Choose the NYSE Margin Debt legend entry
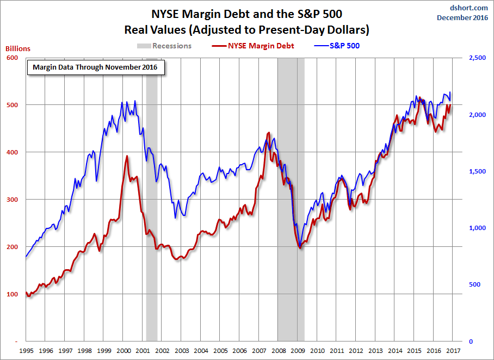[254, 46]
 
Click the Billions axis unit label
[18, 48]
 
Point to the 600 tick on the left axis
[13, 58]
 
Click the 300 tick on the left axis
[13, 200]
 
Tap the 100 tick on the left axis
[13, 294]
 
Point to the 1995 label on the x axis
[26, 351]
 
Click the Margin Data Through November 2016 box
[95, 67]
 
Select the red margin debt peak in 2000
[127, 156]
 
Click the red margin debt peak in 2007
[268, 133]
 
